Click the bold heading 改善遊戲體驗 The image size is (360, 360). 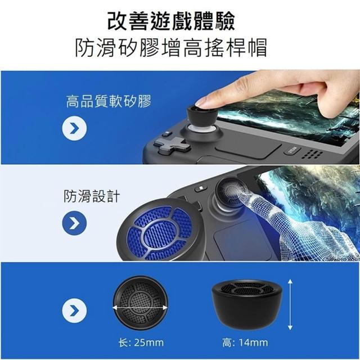171,21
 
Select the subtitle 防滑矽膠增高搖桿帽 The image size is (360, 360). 171,47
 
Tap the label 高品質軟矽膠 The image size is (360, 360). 109,101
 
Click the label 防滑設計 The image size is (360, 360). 92,196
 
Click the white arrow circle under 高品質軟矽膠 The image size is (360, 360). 74,128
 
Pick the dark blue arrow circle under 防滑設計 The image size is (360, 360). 74,223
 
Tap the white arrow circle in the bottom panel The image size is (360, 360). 74,310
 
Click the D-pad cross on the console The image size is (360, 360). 172,145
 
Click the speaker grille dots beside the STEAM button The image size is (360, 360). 312,154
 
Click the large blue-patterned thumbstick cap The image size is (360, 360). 160,230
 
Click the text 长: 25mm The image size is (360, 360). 141,343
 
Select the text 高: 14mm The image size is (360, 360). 245,343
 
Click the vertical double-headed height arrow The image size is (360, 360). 290,305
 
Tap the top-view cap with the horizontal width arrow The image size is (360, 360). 140,303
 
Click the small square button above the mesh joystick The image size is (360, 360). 201,188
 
